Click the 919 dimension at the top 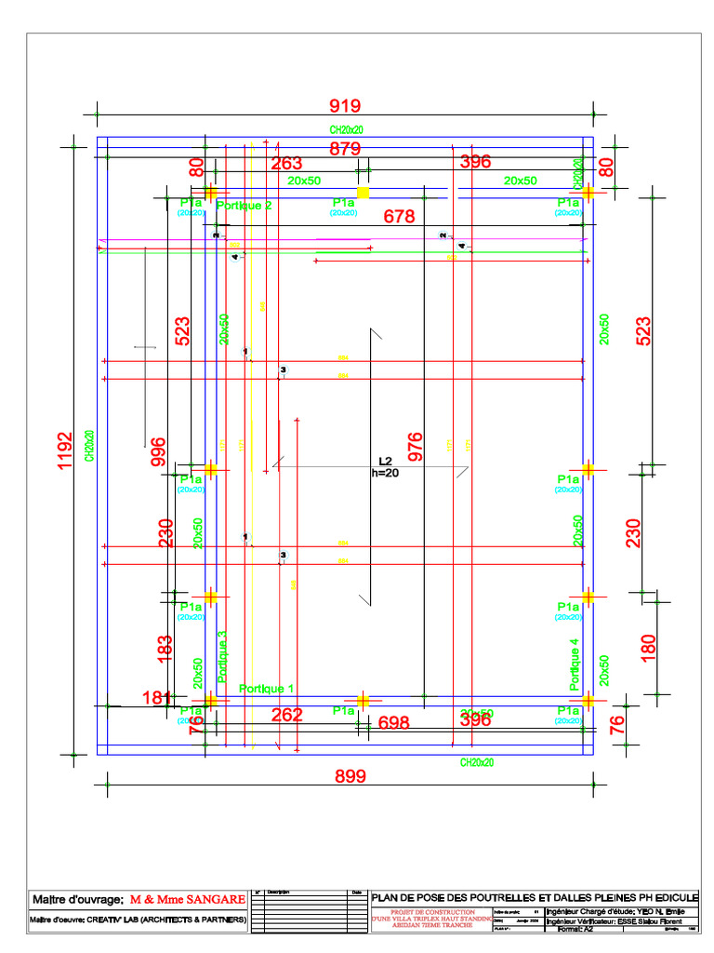coord(344,106)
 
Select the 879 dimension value coord(345,149)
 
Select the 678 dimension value coord(400,217)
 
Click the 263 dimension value coord(286,164)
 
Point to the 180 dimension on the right coord(649,645)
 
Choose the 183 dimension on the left coord(165,649)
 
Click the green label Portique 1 coord(267,689)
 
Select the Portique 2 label coord(244,206)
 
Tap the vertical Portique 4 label coord(575,663)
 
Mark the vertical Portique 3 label coord(222,657)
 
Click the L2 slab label coord(386,461)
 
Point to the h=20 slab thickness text coord(385,473)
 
